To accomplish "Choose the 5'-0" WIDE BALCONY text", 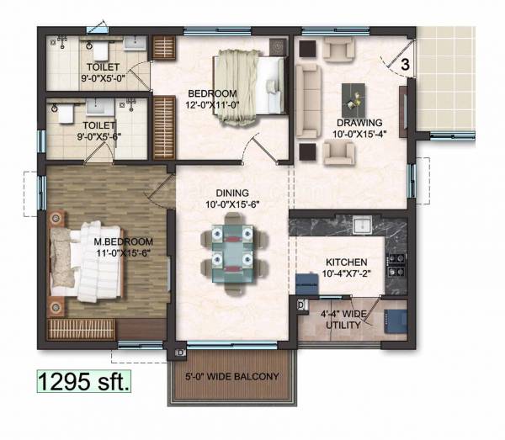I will point(232,376).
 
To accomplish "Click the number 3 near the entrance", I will point(405,63).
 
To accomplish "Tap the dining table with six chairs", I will point(229,252).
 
